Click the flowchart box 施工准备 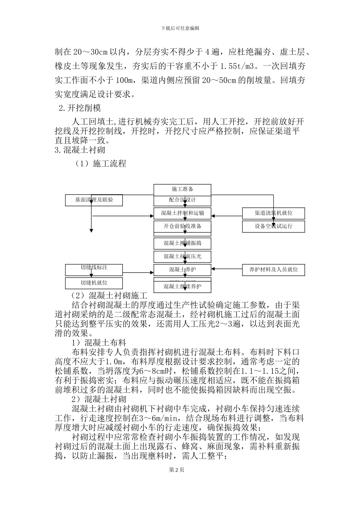(182, 189)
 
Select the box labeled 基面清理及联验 (94, 200)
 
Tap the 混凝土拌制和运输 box (182, 213)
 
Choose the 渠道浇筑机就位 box (274, 213)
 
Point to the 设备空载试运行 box (274, 226)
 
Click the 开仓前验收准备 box (182, 226)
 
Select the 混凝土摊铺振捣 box (182, 243)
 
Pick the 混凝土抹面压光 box (182, 256)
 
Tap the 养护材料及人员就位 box (274, 270)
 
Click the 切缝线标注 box (94, 268)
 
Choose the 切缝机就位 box (94, 283)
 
